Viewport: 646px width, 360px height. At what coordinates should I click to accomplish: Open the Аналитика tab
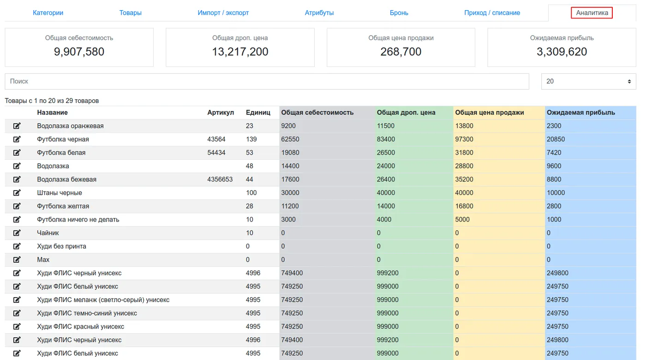[592, 13]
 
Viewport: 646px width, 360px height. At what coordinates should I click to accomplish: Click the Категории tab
[48, 13]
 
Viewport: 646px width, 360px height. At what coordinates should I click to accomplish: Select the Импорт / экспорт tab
[223, 13]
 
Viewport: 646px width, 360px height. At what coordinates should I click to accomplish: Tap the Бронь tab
[399, 13]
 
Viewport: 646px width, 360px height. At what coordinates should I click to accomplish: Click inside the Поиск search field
[267, 81]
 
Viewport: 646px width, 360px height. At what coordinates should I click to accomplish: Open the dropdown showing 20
[588, 81]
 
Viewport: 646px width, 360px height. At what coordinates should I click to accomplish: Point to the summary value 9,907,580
[79, 52]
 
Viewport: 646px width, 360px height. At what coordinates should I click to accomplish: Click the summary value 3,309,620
[562, 52]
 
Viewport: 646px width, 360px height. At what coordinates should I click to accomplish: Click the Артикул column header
[221, 113]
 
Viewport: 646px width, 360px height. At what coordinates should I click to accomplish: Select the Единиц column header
[258, 113]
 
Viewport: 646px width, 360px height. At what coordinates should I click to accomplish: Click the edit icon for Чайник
[17, 233]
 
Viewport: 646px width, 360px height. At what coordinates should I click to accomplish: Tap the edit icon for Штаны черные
[17, 193]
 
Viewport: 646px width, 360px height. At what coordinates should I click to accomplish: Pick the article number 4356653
[220, 180]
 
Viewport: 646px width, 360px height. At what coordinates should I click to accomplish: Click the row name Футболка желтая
[63, 206]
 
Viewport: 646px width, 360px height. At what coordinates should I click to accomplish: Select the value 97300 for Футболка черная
[464, 139]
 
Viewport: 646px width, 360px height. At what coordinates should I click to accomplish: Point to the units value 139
[251, 139]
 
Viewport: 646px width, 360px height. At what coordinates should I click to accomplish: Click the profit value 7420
[554, 153]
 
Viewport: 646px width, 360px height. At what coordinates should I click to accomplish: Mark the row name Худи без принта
[61, 246]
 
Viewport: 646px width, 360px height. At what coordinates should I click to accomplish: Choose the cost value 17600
[290, 180]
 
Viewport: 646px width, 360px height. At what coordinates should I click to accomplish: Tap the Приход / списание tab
[492, 13]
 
